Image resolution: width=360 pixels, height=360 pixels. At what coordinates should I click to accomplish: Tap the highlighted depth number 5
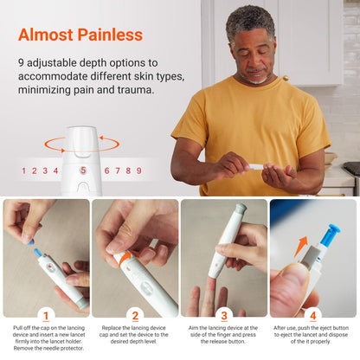click(x=84, y=170)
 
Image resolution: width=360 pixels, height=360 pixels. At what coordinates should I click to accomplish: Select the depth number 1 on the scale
click(x=24, y=170)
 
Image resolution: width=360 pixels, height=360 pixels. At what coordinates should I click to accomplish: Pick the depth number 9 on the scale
click(x=138, y=170)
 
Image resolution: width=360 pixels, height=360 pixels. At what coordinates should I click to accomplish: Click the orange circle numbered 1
click(x=46, y=316)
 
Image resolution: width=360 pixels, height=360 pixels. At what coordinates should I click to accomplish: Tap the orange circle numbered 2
click(x=135, y=316)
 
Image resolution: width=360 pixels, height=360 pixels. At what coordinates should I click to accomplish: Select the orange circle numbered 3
click(x=224, y=316)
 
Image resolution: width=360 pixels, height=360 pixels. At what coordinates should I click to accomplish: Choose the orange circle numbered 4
click(x=313, y=316)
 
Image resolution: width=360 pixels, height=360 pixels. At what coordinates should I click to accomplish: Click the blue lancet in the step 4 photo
click(x=329, y=235)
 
